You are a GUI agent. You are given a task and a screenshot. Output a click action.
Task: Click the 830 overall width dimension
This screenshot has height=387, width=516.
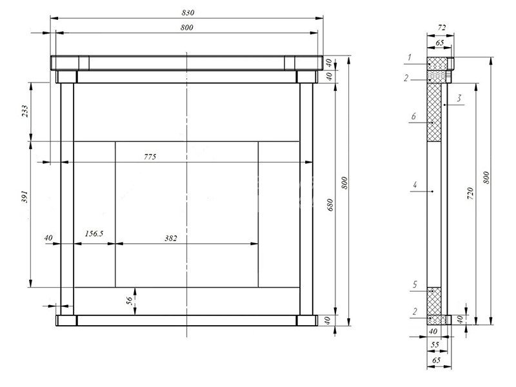[188, 13]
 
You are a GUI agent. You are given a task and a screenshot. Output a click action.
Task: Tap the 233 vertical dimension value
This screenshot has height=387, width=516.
[25, 112]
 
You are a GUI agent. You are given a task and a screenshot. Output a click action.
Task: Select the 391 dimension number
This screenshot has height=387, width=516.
[25, 197]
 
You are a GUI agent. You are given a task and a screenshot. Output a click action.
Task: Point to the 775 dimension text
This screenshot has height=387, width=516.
[150, 157]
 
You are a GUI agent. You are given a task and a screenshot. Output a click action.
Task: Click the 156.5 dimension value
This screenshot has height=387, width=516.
[94, 233]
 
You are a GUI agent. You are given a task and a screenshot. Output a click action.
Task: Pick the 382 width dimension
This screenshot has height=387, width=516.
[171, 238]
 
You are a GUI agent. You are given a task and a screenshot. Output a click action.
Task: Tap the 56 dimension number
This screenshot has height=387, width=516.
[130, 301]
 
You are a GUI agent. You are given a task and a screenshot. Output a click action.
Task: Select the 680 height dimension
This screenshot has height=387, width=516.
[330, 205]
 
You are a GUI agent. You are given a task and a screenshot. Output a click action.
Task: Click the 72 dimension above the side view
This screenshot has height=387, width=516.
[441, 28]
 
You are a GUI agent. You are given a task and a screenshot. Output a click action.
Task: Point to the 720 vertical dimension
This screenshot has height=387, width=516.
[470, 193]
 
